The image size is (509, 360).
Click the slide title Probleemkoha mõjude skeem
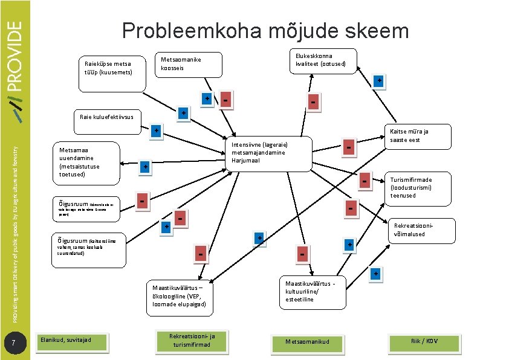(x=265, y=31)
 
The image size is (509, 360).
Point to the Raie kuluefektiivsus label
(x=106, y=117)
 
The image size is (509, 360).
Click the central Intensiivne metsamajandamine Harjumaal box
(x=268, y=153)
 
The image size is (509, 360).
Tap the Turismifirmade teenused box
(x=417, y=187)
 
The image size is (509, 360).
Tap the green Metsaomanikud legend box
(x=308, y=342)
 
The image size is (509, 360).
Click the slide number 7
(x=21, y=344)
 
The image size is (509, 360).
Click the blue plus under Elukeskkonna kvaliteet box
(x=378, y=80)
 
